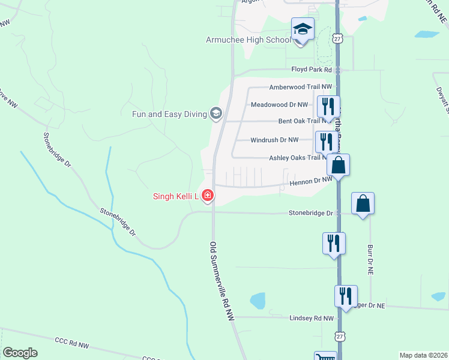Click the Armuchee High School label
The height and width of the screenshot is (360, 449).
(248, 40)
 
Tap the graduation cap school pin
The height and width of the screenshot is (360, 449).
(303, 29)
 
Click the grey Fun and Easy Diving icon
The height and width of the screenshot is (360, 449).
(215, 113)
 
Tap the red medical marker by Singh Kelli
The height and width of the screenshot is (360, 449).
(208, 195)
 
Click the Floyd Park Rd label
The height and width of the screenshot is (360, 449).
(312, 70)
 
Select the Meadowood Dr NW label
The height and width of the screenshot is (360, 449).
(279, 104)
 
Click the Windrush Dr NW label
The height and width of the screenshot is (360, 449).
(274, 140)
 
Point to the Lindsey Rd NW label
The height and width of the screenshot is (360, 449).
(311, 319)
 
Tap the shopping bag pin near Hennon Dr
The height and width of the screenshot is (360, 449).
(339, 165)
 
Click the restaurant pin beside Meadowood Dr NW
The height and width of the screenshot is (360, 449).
(328, 107)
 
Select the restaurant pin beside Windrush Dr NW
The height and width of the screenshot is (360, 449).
(326, 142)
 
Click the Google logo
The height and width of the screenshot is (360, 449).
(20, 353)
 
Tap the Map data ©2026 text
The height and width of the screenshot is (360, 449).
(424, 355)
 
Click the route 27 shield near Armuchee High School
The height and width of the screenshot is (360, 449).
(338, 38)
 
